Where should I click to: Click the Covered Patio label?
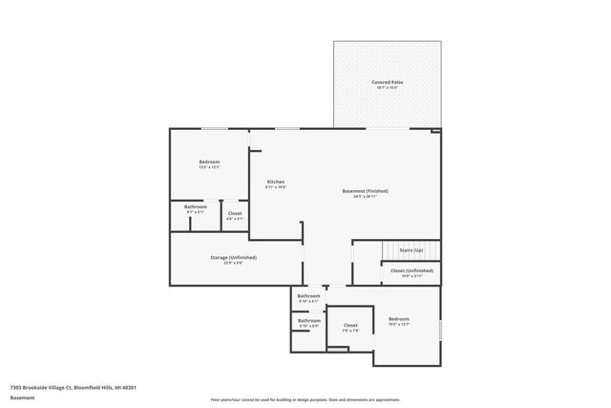tap(387, 83)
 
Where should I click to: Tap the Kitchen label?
tap(275, 182)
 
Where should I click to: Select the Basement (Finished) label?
tap(365, 190)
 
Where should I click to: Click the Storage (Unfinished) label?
tap(233, 257)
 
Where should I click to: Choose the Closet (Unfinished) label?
tap(411, 270)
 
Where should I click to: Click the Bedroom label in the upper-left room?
tap(209, 161)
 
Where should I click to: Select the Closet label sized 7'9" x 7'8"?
tap(350, 325)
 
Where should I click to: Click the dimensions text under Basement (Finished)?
tap(365, 196)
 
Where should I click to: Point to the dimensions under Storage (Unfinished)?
tap(233, 263)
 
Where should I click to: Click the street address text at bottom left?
tap(74, 387)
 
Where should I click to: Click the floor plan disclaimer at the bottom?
tap(305, 400)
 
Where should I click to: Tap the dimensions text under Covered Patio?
tap(387, 89)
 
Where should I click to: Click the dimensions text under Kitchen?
tap(275, 187)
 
